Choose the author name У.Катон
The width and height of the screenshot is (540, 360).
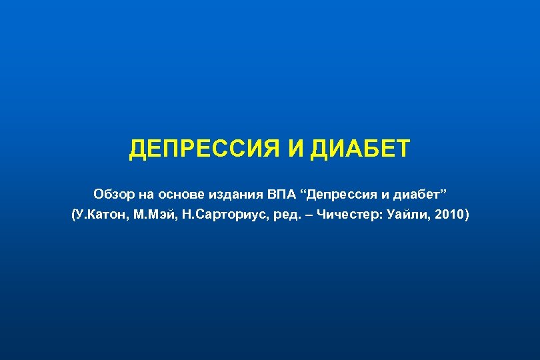pyautogui.click(x=101, y=215)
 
